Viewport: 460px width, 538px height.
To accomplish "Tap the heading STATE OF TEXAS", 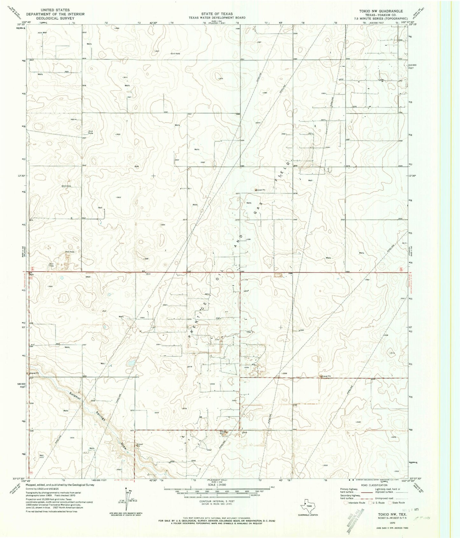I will tap(217, 14).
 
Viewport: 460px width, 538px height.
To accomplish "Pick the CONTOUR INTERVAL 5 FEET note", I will tap(217, 501).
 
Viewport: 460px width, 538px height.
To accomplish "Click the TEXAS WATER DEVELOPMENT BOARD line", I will tap(217, 18).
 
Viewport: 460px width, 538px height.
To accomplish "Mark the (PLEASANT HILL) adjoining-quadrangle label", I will tap(217, 480).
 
